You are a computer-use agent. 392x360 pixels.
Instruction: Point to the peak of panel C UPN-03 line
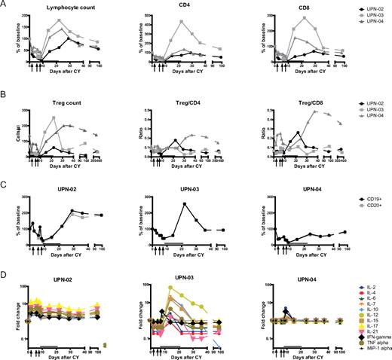185,204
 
